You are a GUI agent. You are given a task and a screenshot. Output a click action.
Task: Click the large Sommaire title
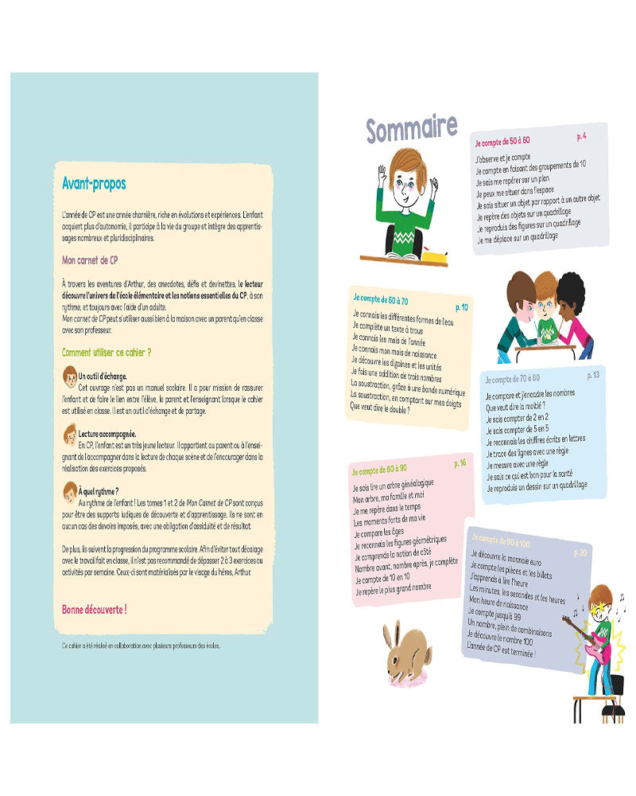[x=411, y=128]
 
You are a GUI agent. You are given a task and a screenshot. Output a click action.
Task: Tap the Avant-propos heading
[x=94, y=184]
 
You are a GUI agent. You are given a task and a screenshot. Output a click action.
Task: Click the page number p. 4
[x=582, y=138]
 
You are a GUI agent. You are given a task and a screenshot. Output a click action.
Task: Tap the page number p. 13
[x=593, y=375]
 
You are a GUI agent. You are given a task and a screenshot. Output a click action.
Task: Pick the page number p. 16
[x=460, y=463]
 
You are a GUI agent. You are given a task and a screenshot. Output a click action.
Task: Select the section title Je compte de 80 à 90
[x=379, y=470]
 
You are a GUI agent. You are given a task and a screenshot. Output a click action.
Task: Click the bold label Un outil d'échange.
[x=103, y=376]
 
